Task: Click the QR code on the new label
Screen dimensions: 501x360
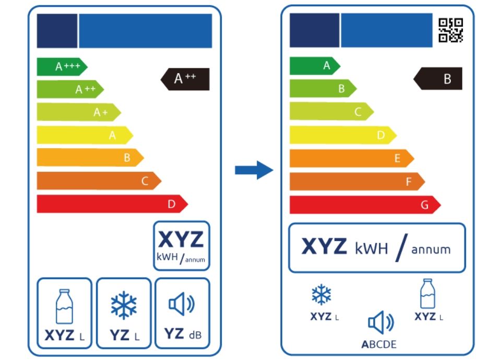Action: point(450,30)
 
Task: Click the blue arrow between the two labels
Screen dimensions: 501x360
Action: point(254,170)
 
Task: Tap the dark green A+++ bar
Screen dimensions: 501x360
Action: point(62,67)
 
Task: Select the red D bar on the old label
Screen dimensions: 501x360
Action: point(112,204)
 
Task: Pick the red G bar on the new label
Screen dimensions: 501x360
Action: point(365,205)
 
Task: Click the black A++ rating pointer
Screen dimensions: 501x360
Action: point(185,79)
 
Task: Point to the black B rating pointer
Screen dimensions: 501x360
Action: point(438,79)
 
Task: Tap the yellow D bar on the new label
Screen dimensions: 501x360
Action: point(343,135)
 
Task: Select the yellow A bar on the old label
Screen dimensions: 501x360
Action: point(85,135)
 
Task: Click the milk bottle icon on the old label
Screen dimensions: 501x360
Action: point(64,307)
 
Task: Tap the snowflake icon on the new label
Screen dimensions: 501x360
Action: point(321,294)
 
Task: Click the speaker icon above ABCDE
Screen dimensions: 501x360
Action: point(381,322)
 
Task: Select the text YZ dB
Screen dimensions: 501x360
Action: point(183,334)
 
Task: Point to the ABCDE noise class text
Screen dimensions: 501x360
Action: point(379,344)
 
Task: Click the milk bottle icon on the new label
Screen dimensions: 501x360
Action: point(427,293)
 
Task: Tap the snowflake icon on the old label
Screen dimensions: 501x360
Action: point(124,305)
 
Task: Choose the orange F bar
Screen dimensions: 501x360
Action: point(357,182)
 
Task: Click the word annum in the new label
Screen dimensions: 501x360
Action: point(431,249)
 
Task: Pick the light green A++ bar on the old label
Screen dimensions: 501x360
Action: point(70,89)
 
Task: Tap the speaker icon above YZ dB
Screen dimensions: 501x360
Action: point(182,304)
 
